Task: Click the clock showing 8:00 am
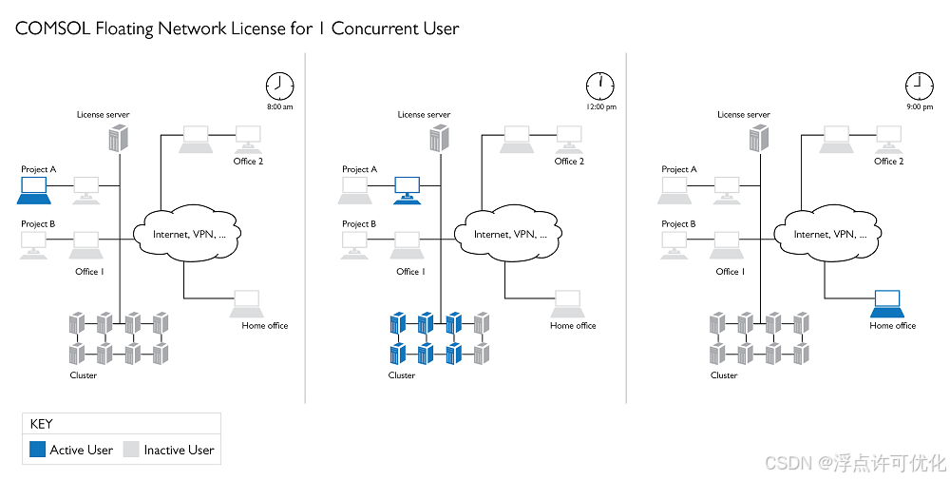(279, 86)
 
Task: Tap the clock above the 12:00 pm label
(600, 86)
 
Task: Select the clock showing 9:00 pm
(919, 86)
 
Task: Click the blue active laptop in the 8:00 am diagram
(34, 193)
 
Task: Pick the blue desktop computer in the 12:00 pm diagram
(408, 189)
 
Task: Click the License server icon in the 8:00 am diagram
(117, 139)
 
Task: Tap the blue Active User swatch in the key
(37, 450)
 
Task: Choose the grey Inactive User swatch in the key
(131, 450)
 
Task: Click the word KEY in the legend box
(42, 424)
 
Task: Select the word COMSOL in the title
(47, 29)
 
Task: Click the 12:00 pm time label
(600, 107)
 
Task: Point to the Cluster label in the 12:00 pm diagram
(402, 375)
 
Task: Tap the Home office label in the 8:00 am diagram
(265, 326)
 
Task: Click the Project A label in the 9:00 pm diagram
(679, 169)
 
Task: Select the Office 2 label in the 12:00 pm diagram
(569, 162)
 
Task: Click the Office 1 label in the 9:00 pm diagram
(728, 272)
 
